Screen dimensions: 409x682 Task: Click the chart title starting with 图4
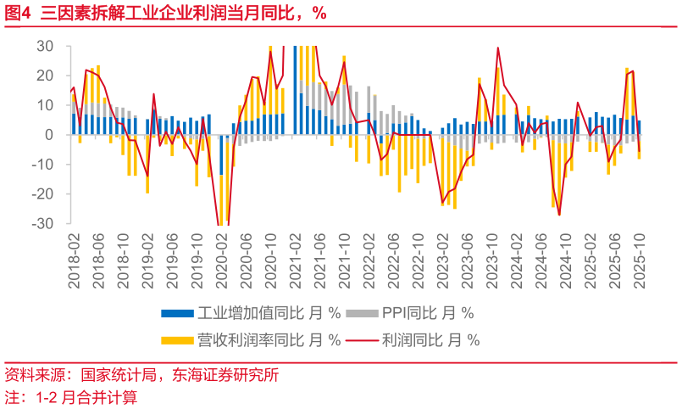165,13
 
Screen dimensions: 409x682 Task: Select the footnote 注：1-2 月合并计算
71,396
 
